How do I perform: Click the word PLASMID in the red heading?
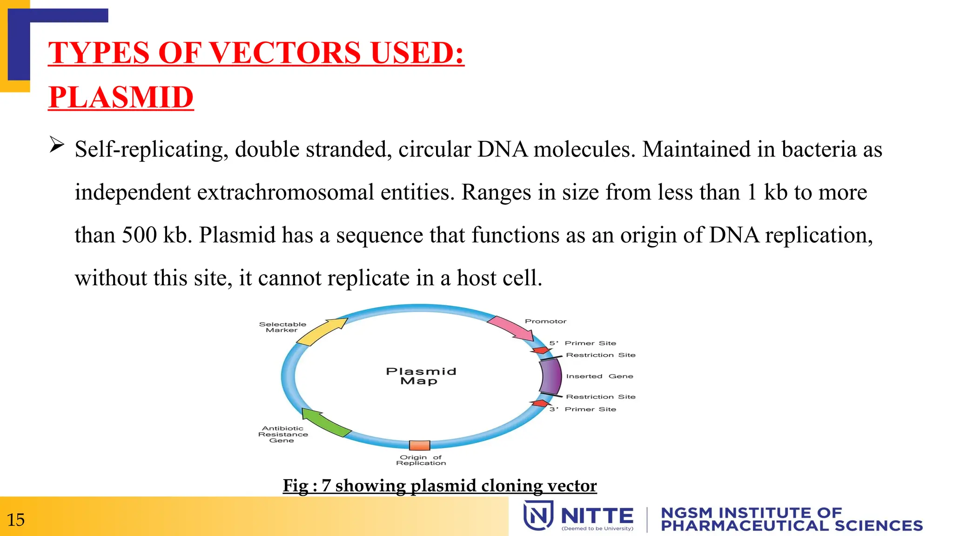click(121, 97)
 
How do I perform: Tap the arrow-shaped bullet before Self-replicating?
click(57, 145)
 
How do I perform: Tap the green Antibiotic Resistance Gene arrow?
click(325, 422)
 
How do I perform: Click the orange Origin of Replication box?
click(419, 445)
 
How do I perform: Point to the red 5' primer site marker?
click(541, 350)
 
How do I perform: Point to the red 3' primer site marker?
click(540, 403)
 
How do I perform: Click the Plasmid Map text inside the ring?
click(421, 376)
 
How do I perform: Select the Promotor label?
click(545, 321)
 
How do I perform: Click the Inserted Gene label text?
click(599, 376)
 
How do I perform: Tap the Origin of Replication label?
click(421, 460)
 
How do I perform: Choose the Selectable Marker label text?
click(282, 327)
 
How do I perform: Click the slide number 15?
click(16, 519)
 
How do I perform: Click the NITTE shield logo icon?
click(538, 515)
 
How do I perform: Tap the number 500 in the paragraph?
click(139, 235)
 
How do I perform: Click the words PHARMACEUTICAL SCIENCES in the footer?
click(792, 526)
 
